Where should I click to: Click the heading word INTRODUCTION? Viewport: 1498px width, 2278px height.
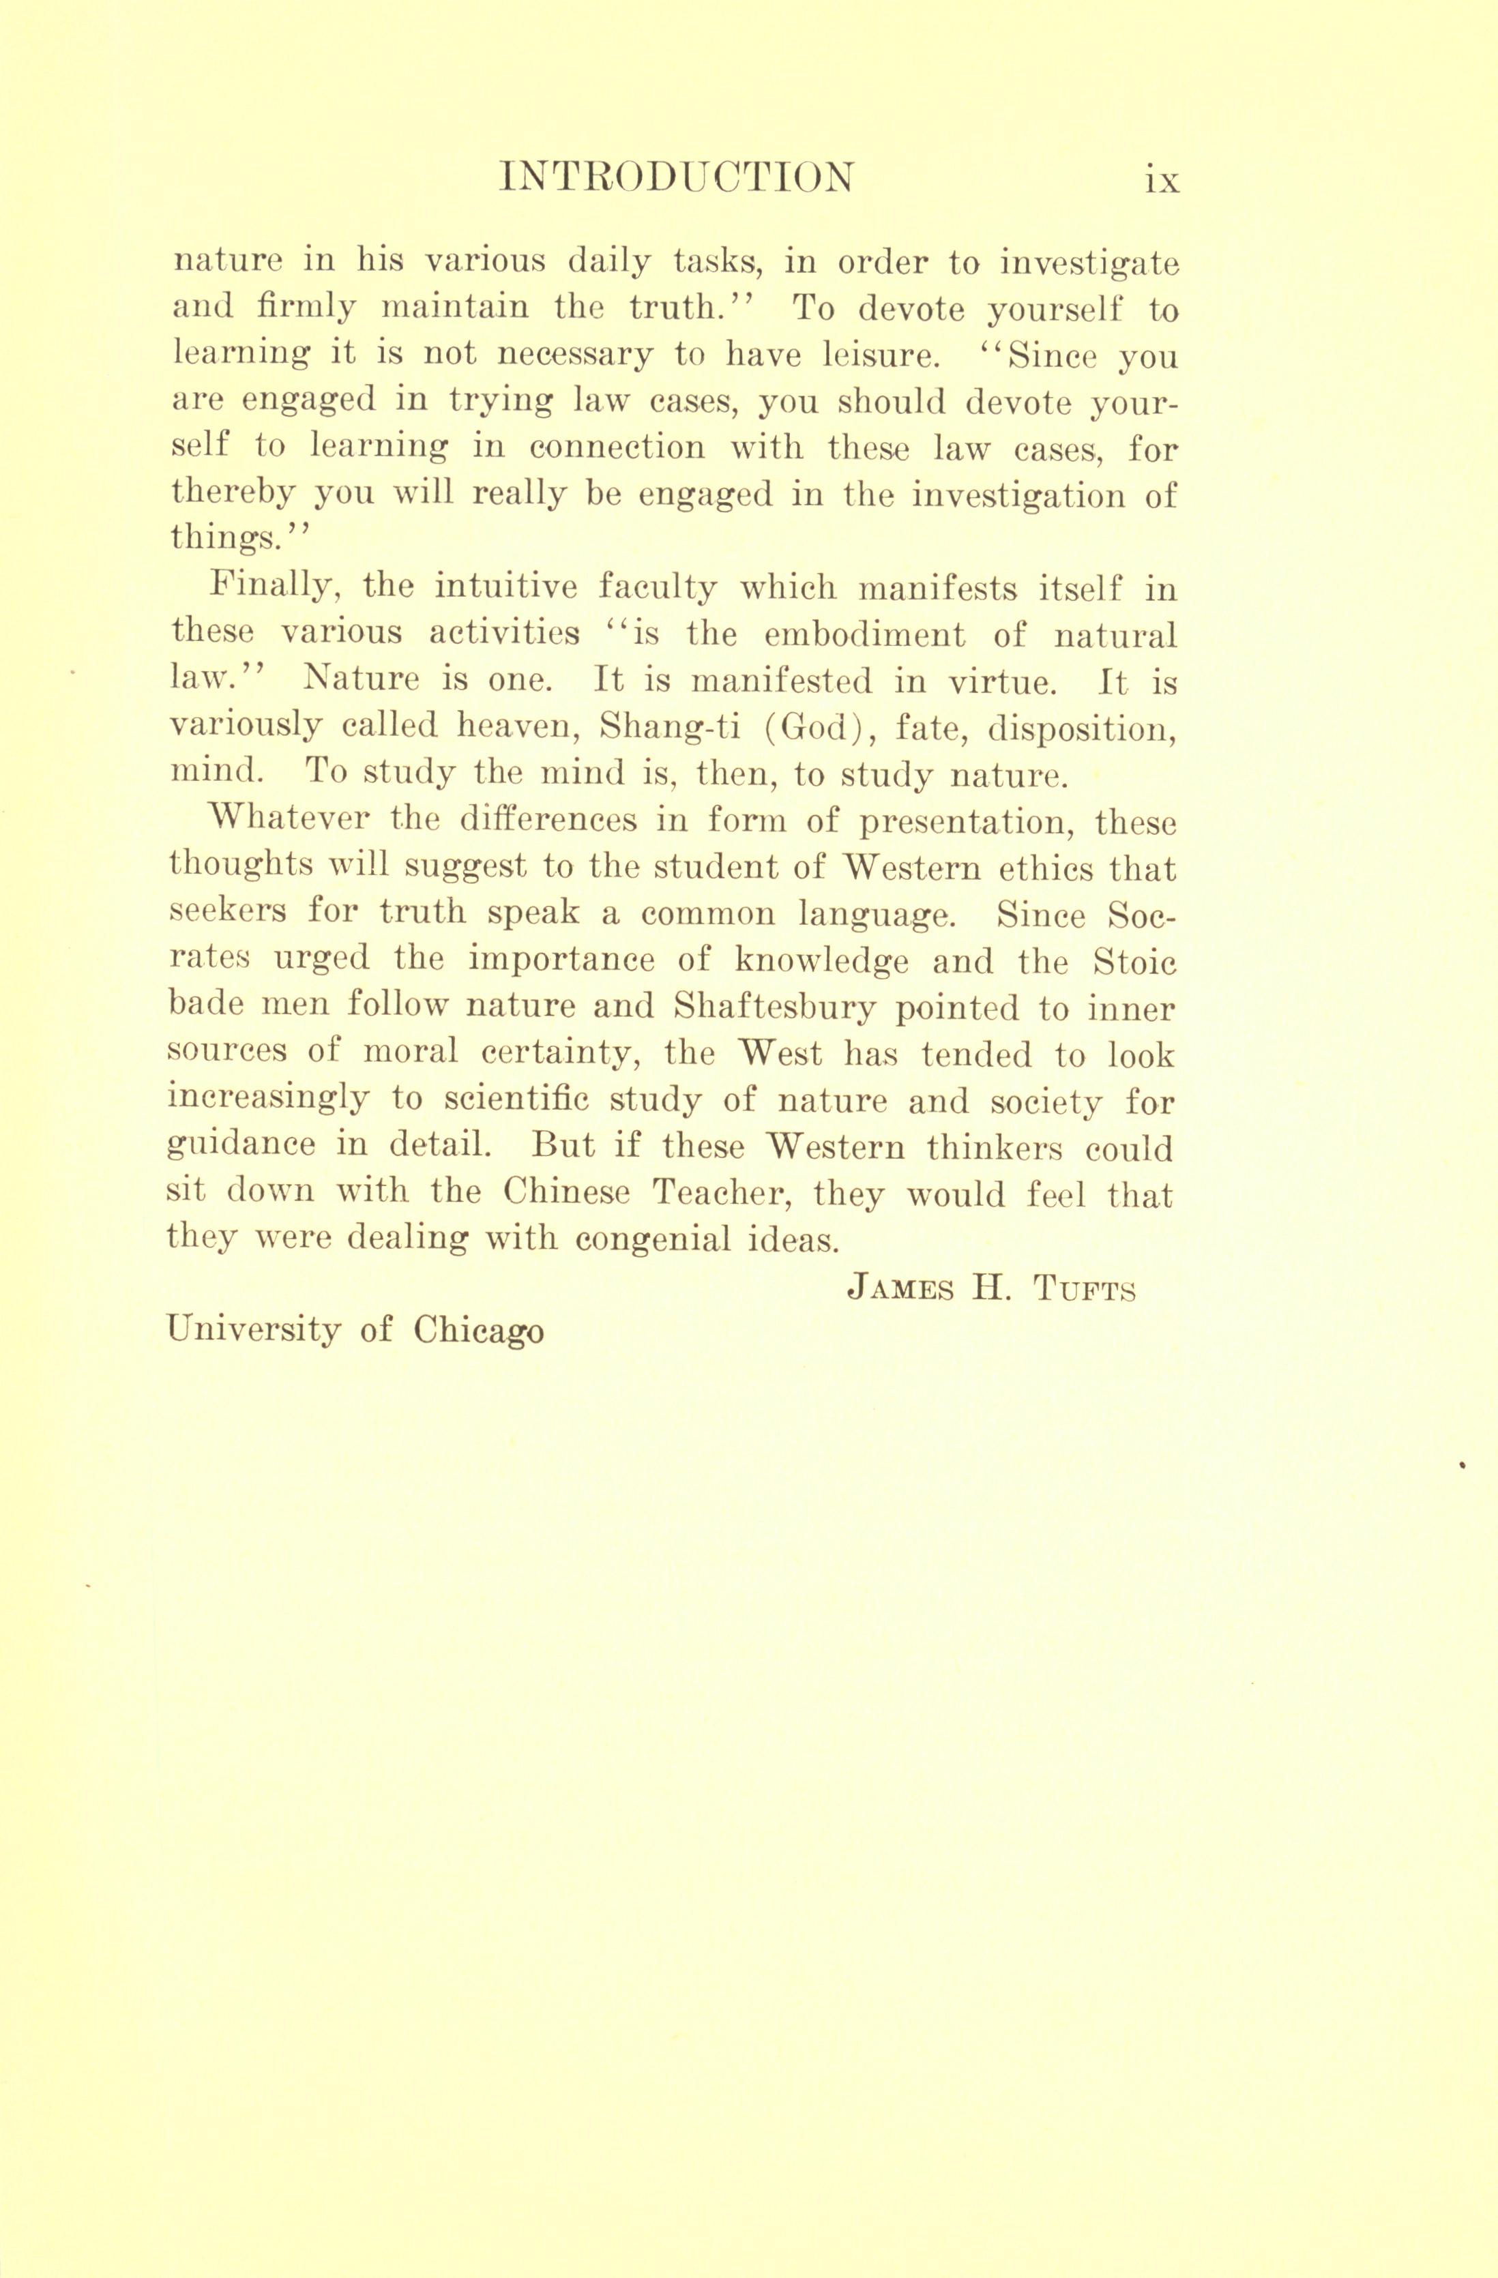pyautogui.click(x=677, y=178)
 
